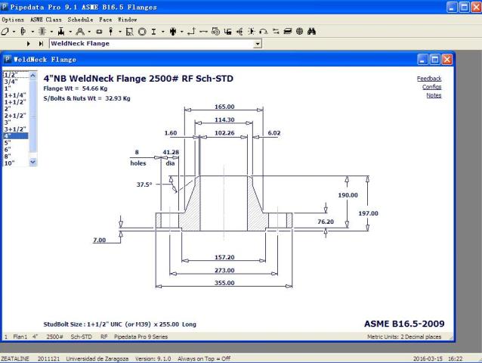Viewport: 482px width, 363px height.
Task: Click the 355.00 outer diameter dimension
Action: (224, 283)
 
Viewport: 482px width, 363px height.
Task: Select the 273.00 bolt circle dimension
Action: (224, 270)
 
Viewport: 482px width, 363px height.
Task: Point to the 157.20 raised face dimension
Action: (224, 257)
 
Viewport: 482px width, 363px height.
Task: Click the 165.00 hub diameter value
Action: (224, 107)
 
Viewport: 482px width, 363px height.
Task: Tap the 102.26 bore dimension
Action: (224, 133)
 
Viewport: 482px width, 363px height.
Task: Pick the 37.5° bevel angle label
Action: (144, 185)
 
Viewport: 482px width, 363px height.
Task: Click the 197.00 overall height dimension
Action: (368, 213)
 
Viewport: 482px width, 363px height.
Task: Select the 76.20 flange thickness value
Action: (326, 222)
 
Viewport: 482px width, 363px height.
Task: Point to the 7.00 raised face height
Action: (99, 240)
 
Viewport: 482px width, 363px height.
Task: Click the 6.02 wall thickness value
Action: (274, 133)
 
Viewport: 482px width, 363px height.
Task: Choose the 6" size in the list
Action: (8, 150)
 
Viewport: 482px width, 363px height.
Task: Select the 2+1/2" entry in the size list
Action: (15, 116)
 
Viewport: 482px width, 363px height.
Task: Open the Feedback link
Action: (429, 79)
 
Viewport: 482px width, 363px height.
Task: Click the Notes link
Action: (434, 95)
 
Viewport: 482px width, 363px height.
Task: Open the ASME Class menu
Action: (46, 20)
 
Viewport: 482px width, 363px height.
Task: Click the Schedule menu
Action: (80, 20)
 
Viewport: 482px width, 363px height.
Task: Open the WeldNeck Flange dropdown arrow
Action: (258, 44)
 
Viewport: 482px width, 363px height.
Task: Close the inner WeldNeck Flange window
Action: (446, 60)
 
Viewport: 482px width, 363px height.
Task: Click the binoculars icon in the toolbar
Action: (311, 31)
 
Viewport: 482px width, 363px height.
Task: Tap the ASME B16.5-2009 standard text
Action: (404, 324)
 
